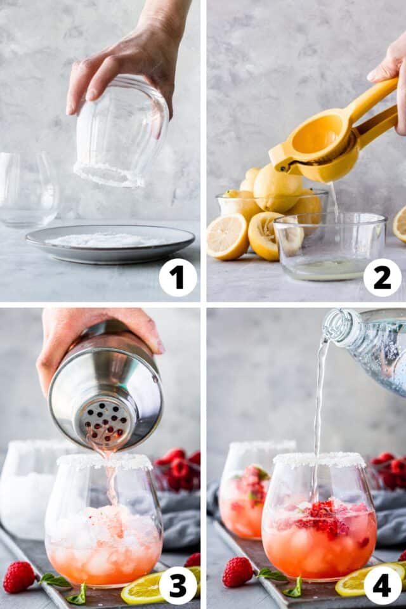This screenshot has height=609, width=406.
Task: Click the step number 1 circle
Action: [178, 277]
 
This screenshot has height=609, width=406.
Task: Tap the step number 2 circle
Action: [382, 277]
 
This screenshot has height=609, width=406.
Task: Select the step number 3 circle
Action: [178, 585]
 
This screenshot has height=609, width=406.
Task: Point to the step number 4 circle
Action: [382, 585]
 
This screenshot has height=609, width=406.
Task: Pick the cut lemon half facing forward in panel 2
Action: [226, 237]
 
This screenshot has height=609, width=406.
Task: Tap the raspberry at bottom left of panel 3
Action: [19, 576]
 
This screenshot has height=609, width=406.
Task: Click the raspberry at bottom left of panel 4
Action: [237, 571]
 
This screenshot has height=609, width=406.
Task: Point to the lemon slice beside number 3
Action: [143, 589]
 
